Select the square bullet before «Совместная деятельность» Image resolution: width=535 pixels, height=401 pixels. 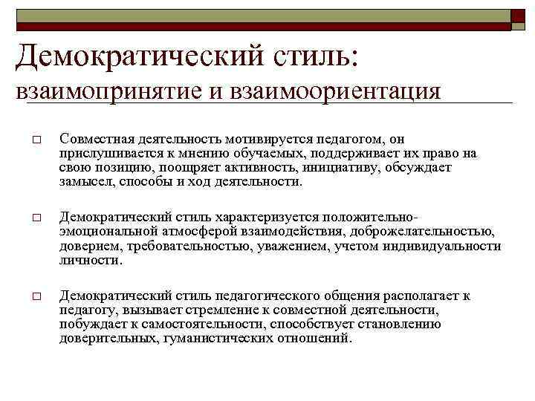(36, 141)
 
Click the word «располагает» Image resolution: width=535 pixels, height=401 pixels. (410, 296)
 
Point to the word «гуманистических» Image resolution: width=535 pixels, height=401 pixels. (210, 338)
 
